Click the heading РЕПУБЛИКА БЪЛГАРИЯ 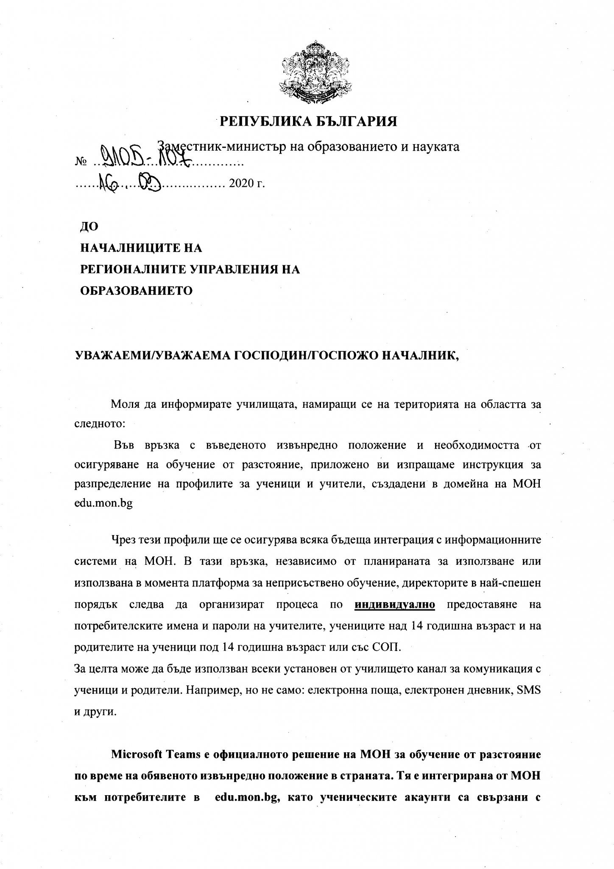pos(308,122)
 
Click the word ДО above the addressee pos(89,227)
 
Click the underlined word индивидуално pos(395,605)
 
